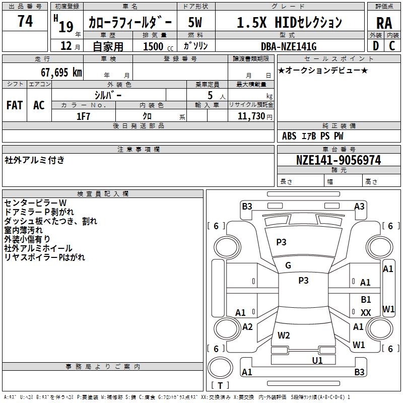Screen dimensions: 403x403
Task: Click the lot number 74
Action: click(x=25, y=22)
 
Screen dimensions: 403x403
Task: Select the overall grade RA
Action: click(x=384, y=23)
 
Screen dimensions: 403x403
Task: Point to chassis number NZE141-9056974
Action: click(x=339, y=160)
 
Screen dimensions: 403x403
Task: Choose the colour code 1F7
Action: click(x=83, y=116)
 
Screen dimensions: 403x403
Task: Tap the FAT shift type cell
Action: click(x=15, y=105)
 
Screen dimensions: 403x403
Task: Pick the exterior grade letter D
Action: click(x=375, y=46)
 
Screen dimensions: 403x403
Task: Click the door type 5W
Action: click(x=195, y=23)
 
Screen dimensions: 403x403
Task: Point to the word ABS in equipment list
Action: click(x=289, y=136)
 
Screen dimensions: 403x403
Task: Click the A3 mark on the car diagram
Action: click(x=359, y=206)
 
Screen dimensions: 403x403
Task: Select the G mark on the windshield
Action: click(x=288, y=265)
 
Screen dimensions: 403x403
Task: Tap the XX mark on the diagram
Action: click(x=366, y=313)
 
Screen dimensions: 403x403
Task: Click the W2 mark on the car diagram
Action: click(x=284, y=335)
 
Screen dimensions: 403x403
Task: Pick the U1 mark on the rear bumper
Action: click(x=317, y=360)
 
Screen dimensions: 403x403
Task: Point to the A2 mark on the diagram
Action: click(x=247, y=327)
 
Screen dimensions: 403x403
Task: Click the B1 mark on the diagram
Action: click(x=366, y=300)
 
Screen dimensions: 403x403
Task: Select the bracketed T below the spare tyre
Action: click(x=220, y=385)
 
